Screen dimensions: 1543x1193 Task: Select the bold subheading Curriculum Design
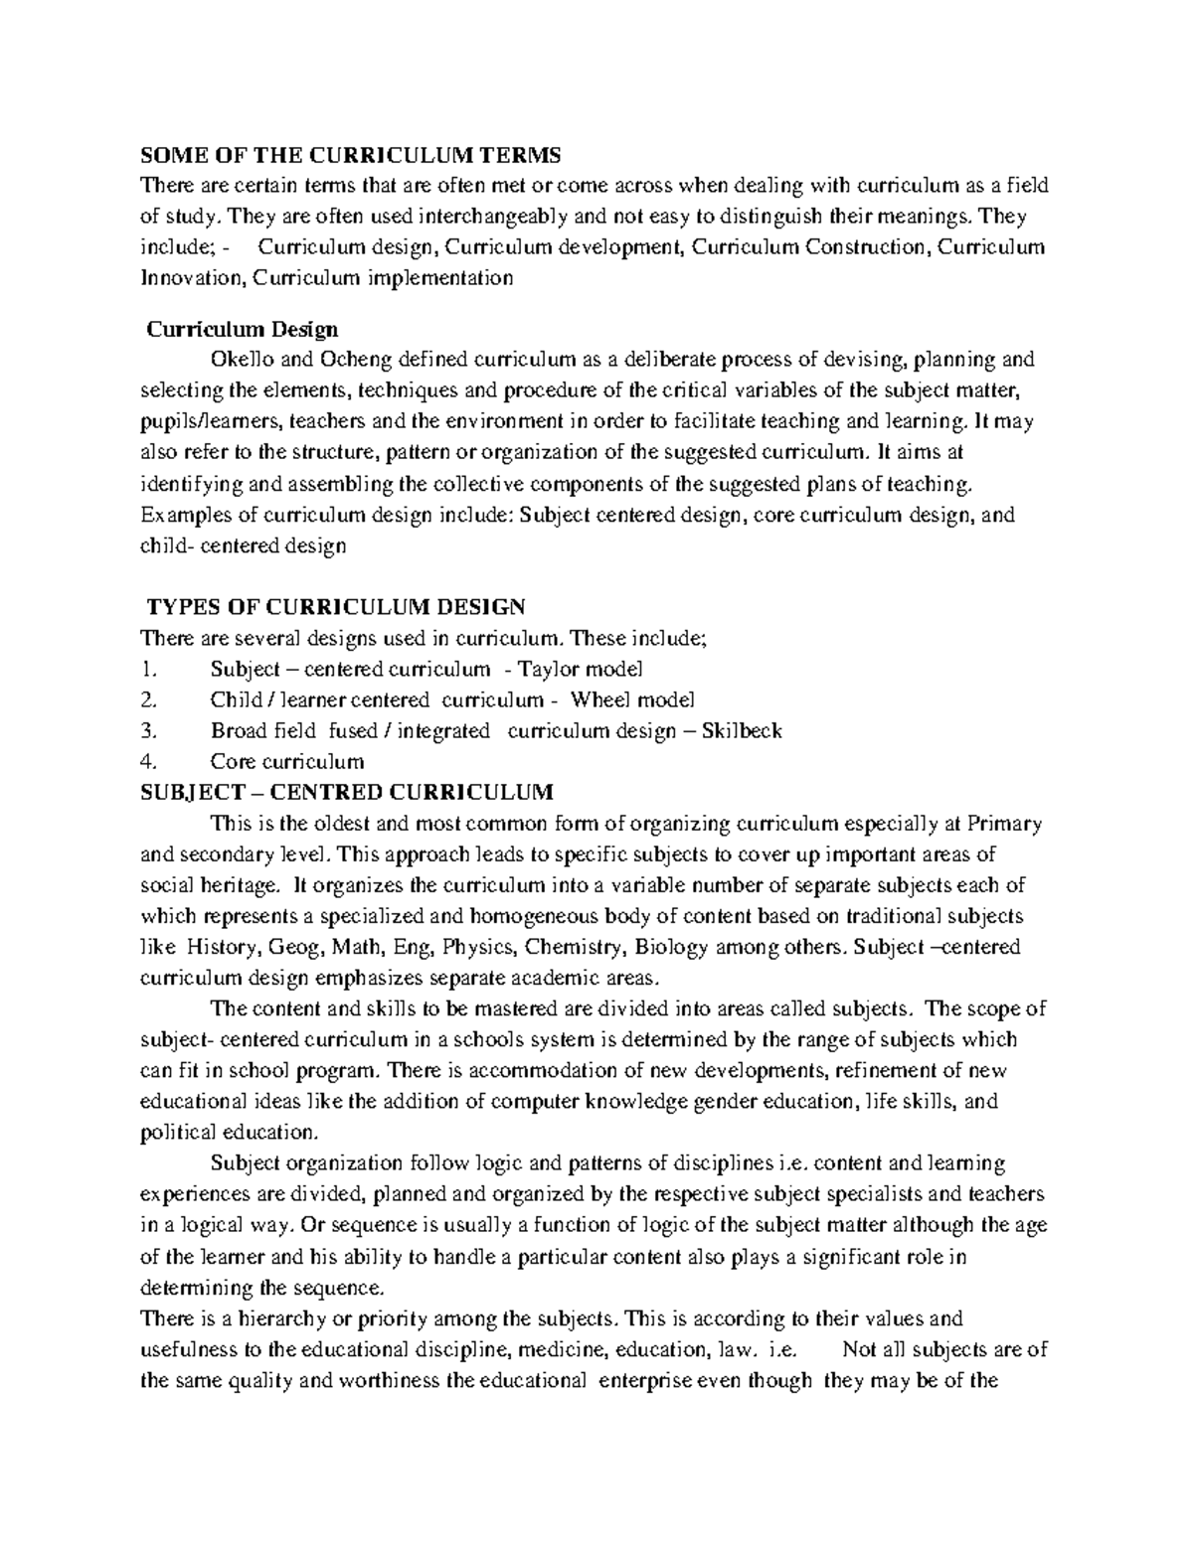[243, 328]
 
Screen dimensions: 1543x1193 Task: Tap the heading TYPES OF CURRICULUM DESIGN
[336, 607]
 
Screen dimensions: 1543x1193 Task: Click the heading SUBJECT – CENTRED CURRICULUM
[347, 792]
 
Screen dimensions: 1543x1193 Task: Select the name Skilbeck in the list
[742, 731]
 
